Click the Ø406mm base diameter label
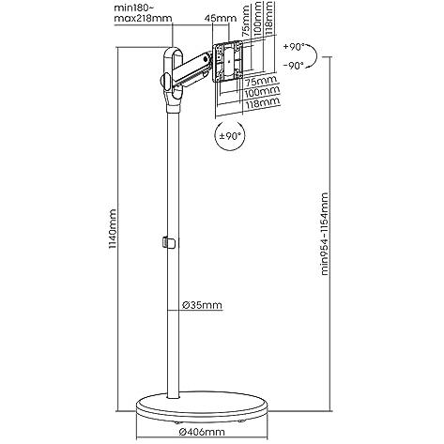[202, 432]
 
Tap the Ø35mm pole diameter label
[202, 304]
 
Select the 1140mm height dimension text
[112, 229]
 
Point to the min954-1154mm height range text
[325, 234]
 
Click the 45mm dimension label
[221, 18]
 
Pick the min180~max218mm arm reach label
[143, 13]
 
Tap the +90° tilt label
[294, 47]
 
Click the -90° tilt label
[294, 66]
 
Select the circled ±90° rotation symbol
[230, 136]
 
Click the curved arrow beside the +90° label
[316, 56]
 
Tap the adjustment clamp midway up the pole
[169, 243]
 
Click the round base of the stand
[202, 406]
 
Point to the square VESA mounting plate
[228, 62]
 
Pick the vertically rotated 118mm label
[268, 18]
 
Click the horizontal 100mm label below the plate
[262, 92]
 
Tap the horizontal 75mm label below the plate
[261, 81]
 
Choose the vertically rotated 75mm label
[247, 21]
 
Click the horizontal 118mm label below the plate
[263, 103]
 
